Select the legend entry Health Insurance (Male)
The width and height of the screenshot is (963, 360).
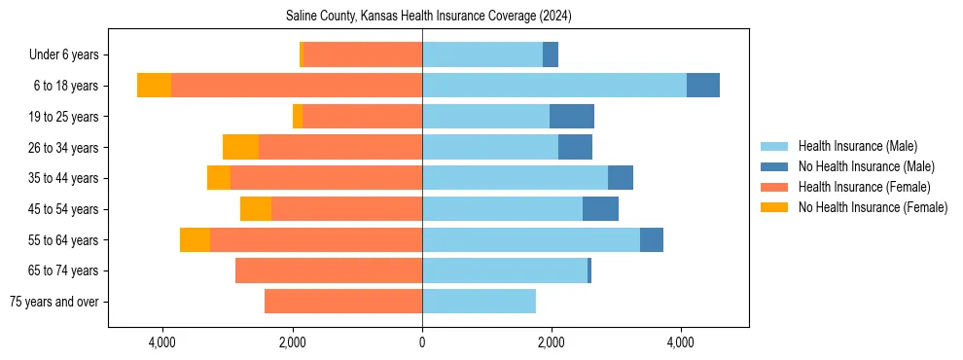click(x=857, y=146)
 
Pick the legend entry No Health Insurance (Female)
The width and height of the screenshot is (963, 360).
click(x=873, y=207)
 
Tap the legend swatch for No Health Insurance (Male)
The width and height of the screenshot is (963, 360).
click(x=774, y=166)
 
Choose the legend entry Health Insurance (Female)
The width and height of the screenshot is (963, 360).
click(x=865, y=187)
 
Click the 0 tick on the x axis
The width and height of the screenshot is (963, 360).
click(x=422, y=342)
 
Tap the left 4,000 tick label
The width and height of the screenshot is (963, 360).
click(x=161, y=342)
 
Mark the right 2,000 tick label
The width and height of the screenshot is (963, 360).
click(x=552, y=342)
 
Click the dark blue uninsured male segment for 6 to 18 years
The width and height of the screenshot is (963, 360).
click(x=703, y=86)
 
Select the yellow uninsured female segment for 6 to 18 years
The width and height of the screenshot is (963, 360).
click(x=154, y=86)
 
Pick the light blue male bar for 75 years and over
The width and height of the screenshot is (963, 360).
click(x=479, y=302)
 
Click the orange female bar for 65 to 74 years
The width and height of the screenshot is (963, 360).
click(x=329, y=270)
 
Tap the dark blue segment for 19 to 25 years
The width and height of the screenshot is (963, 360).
click(x=572, y=117)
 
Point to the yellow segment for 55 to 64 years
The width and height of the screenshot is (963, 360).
click(x=195, y=240)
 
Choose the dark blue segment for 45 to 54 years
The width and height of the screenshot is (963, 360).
click(x=600, y=209)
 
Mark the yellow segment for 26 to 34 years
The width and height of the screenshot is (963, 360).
click(x=240, y=148)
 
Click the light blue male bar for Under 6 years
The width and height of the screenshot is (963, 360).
click(x=482, y=55)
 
